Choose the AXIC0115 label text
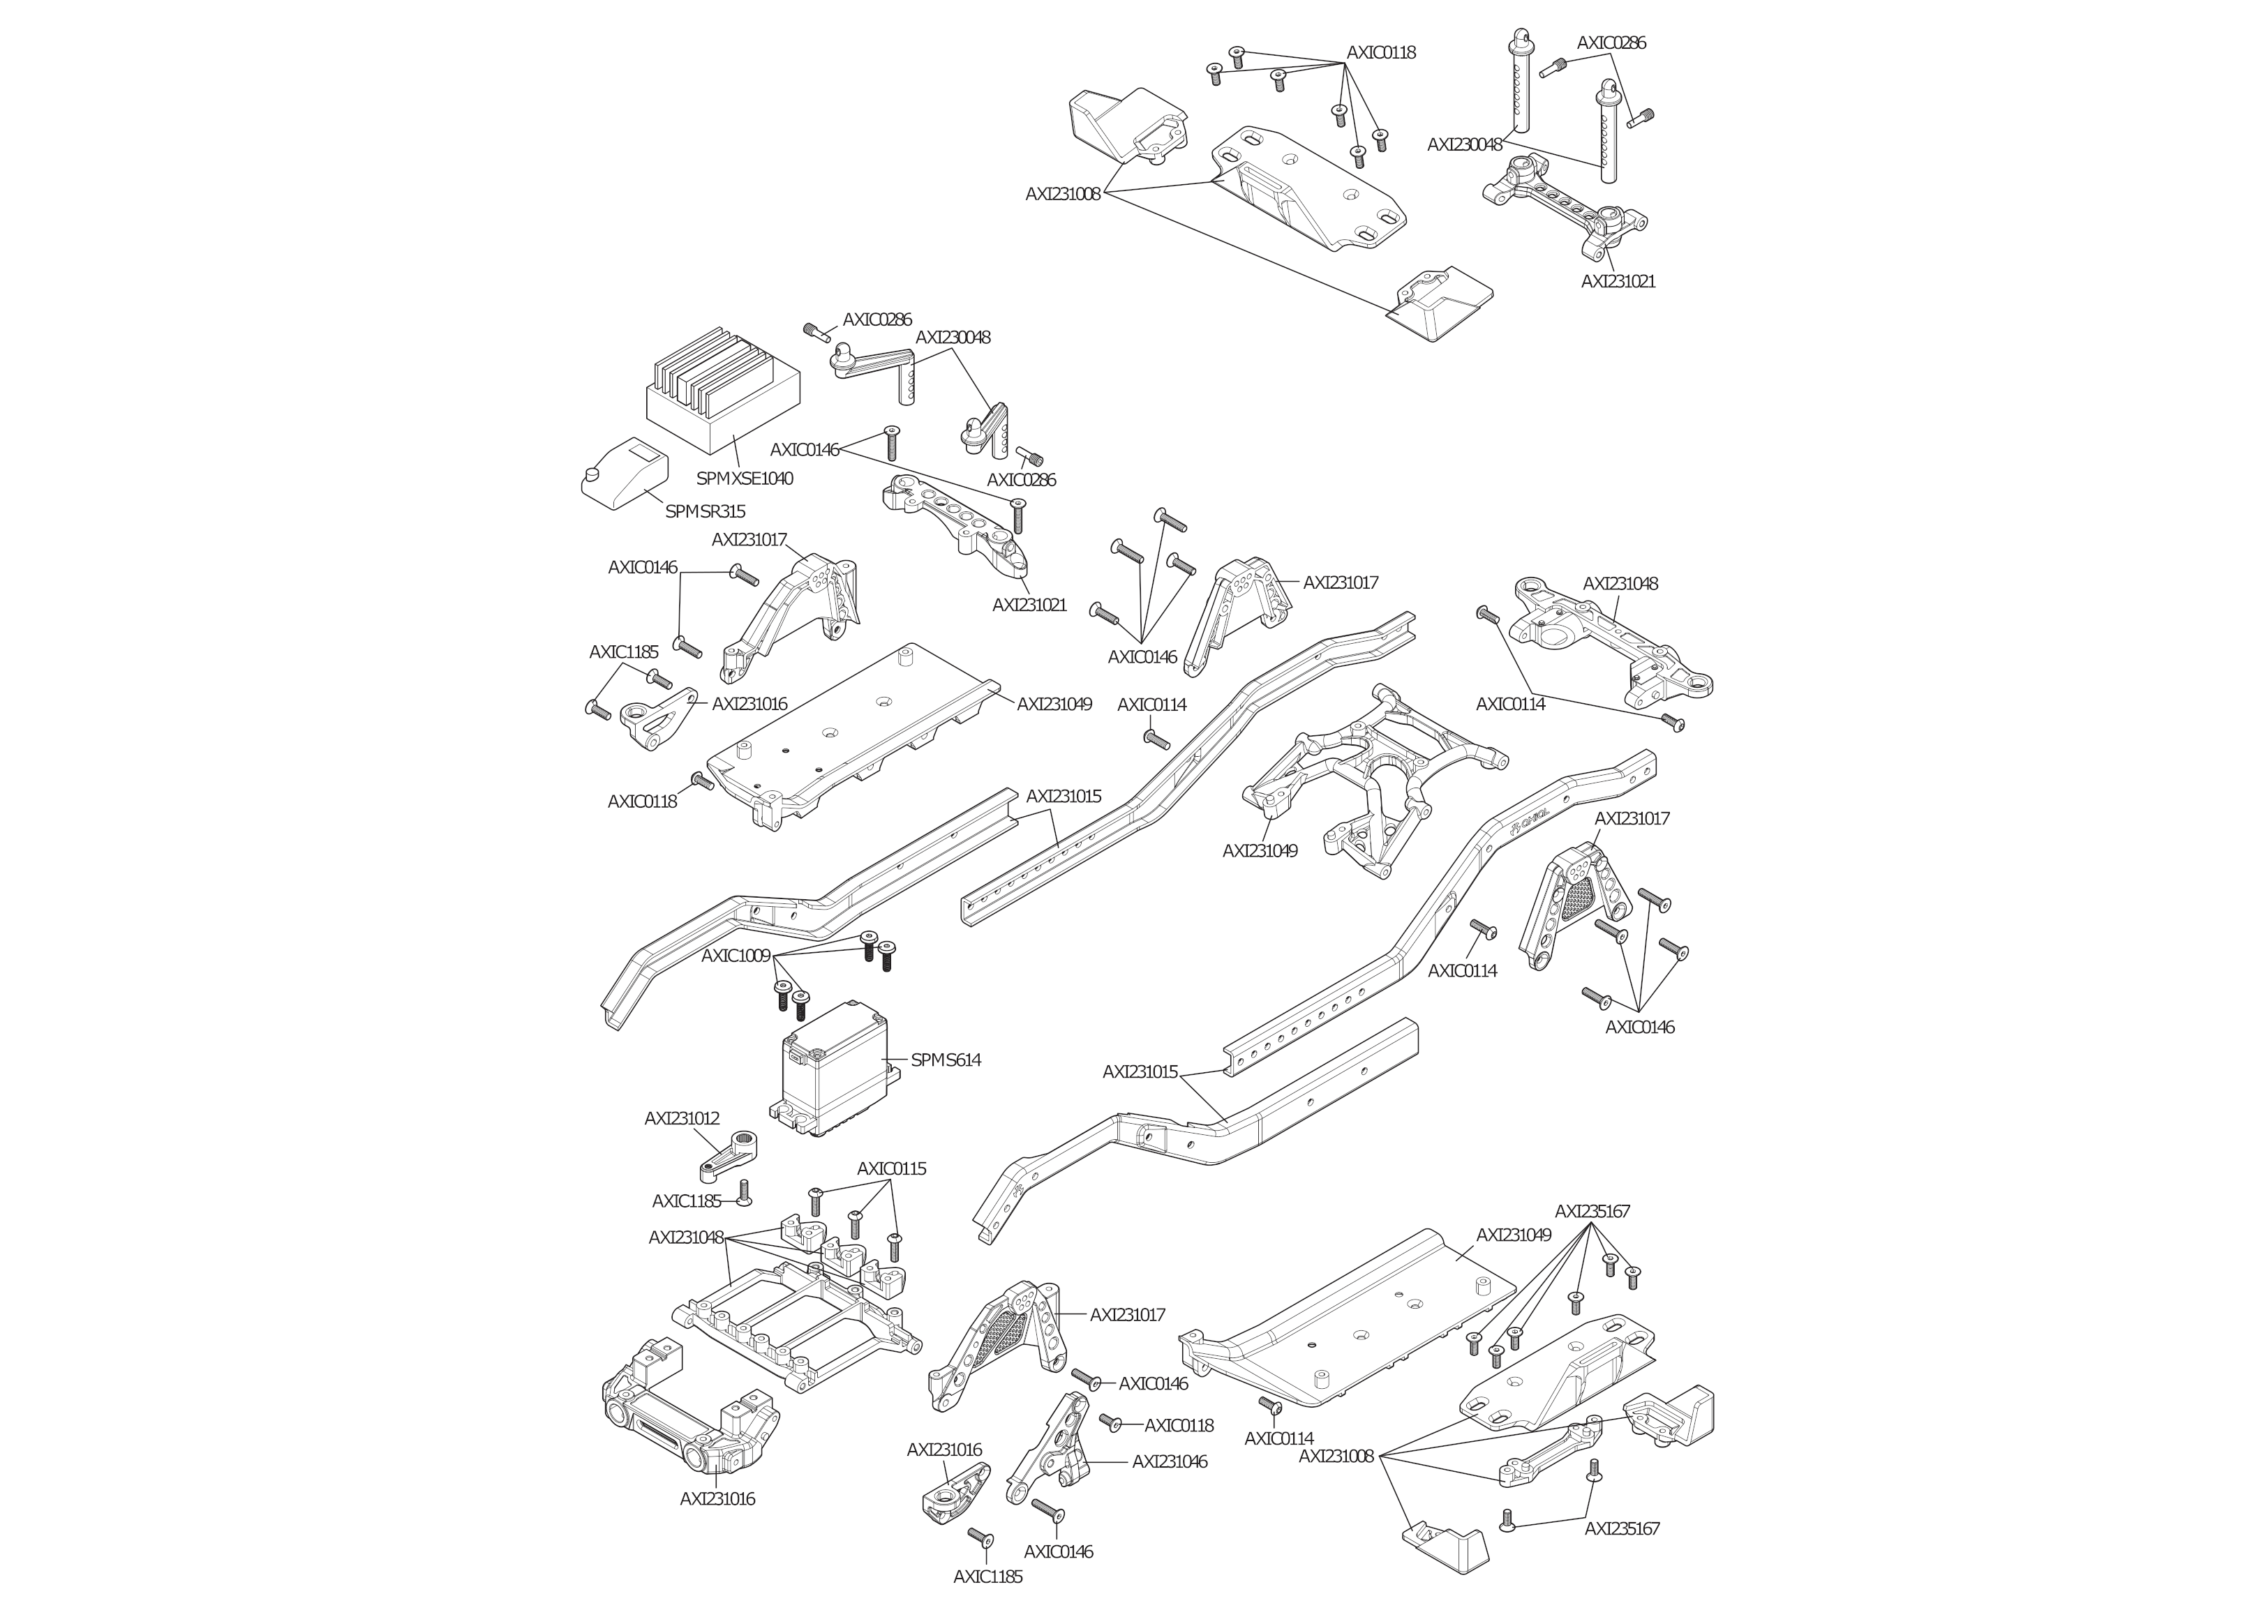pyautogui.click(x=891, y=1168)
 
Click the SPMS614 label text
pyautogui.click(x=946, y=1060)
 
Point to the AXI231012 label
pyautogui.click(x=682, y=1118)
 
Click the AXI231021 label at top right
pyautogui.click(x=1618, y=282)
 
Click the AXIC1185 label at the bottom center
pyautogui.click(x=988, y=1576)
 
